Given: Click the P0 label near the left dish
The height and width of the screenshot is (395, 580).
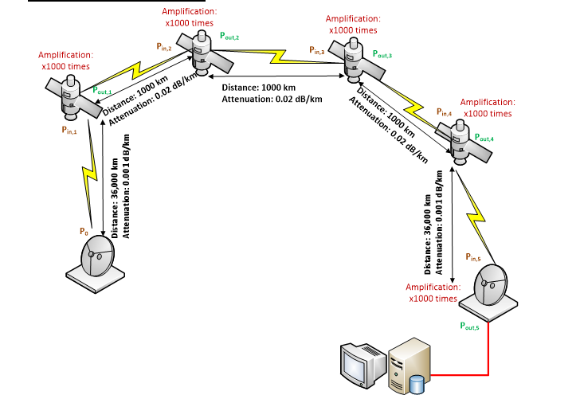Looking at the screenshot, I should point(84,232).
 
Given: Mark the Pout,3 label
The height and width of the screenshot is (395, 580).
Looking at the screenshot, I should point(382,53).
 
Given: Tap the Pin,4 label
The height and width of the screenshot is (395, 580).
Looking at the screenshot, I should point(444,113).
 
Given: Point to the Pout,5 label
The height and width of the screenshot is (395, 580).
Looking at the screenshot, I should point(470,326).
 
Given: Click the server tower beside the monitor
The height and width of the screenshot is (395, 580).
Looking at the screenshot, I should point(411,364).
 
